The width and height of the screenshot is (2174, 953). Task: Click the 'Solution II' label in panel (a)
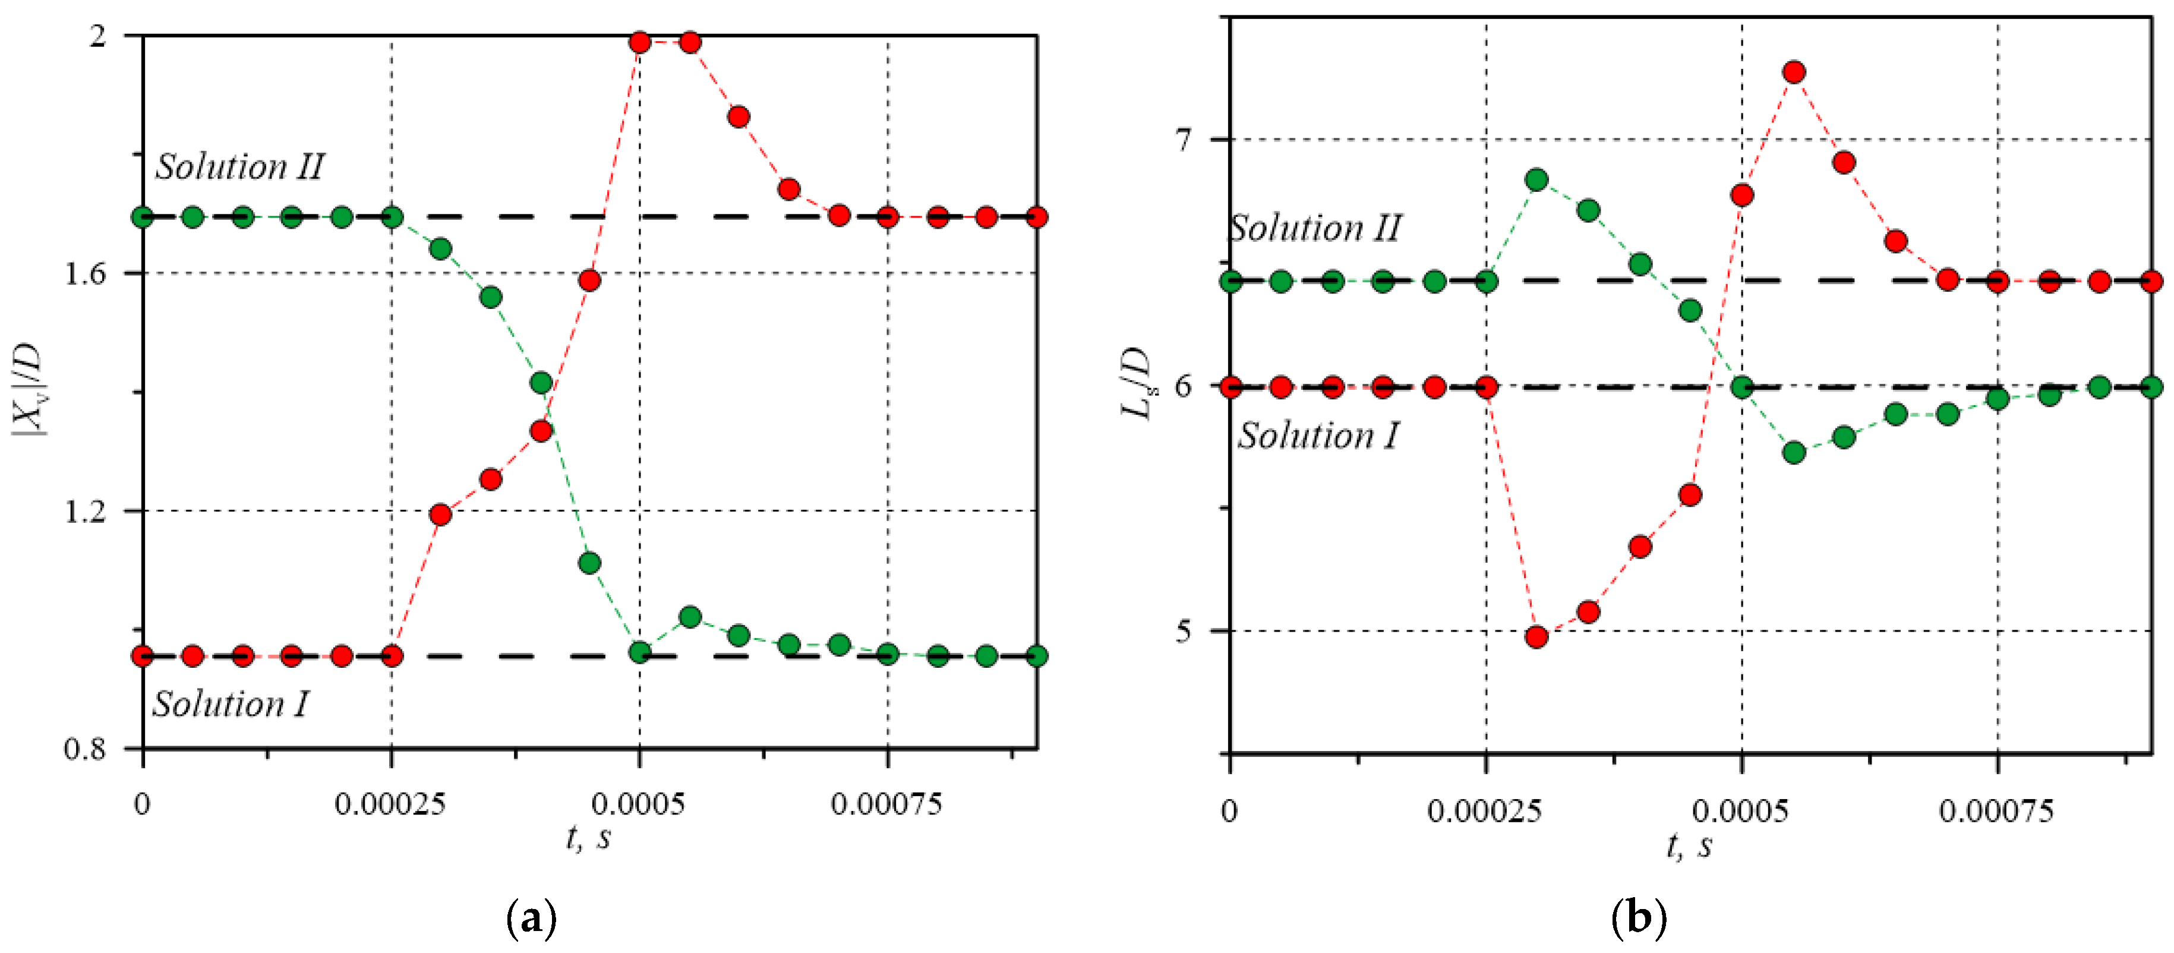point(239,166)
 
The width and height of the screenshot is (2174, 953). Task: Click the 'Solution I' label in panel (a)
point(231,704)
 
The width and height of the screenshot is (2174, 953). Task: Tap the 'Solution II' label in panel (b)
point(1315,228)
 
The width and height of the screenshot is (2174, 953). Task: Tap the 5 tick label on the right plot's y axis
point(1184,630)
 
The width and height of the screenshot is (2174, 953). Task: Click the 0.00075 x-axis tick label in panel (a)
point(886,804)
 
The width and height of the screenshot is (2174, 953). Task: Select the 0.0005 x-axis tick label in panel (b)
point(1740,811)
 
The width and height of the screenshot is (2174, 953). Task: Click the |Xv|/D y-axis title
point(28,389)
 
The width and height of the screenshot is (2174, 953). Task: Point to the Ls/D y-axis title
point(1137,383)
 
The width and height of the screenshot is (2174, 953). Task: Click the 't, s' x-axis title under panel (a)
point(588,838)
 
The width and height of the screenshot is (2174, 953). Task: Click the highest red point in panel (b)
point(1794,72)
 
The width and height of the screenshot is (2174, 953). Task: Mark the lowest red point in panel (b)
point(1537,636)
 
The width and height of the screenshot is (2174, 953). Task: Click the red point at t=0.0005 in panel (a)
point(640,42)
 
